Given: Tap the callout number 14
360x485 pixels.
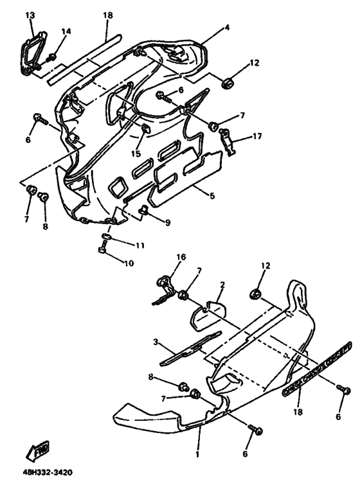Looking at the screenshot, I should tap(66, 31).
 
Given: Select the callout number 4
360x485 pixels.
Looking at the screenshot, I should tap(208, 28).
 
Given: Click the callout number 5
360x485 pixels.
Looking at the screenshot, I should tap(211, 195).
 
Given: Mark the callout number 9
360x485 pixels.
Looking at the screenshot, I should tap(166, 223).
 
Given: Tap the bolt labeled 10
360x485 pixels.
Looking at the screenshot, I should tap(102, 249).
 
